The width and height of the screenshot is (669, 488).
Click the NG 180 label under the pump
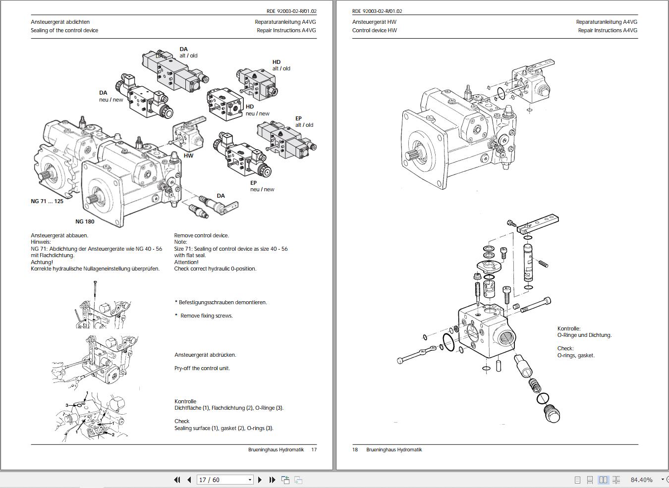tap(85, 221)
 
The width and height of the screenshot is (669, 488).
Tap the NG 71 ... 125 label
tap(47, 201)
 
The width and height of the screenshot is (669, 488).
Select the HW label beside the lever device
tap(188, 156)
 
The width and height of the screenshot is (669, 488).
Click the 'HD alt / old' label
tap(281, 65)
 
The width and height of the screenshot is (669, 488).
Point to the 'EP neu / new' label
tap(262, 186)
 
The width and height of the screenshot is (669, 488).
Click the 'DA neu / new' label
tap(111, 96)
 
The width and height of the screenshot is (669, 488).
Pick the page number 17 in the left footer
tap(314, 450)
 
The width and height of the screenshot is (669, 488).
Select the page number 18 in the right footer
tap(355, 450)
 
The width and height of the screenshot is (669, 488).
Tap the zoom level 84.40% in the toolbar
tap(641, 480)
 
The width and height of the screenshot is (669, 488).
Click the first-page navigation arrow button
tap(177, 480)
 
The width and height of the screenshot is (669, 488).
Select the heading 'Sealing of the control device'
tap(64, 30)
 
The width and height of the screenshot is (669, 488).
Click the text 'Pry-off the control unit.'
tap(202, 368)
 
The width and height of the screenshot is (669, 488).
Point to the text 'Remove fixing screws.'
tap(206, 316)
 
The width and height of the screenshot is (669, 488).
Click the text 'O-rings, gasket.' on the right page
tap(576, 355)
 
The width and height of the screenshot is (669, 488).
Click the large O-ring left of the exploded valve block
tap(447, 342)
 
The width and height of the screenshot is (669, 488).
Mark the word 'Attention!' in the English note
tap(186, 262)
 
